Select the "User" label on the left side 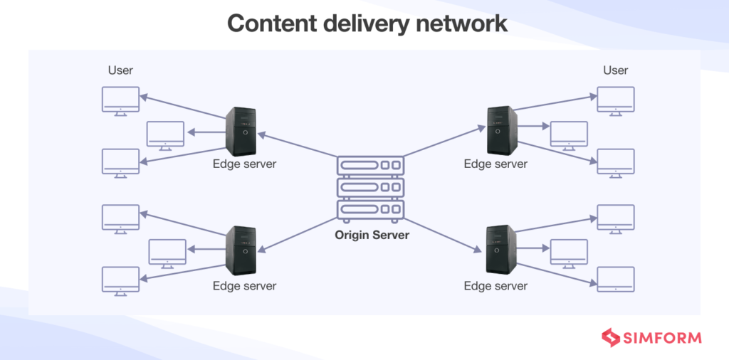coord(120,70)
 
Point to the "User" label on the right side coord(615,70)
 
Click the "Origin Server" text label coord(372,235)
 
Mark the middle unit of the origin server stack coord(370,187)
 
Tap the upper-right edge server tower coord(501,130)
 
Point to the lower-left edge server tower coord(241,250)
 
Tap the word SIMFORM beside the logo coord(663,338)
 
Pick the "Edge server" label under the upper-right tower coord(495,164)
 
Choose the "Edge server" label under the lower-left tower coord(244,286)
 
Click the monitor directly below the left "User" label coord(120,100)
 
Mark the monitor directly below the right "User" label coord(615,100)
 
